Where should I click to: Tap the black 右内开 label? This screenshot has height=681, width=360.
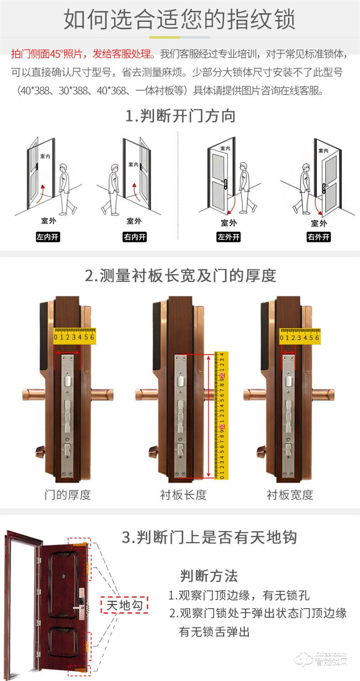[x=135, y=237]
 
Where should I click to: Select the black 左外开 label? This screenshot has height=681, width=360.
[x=229, y=237]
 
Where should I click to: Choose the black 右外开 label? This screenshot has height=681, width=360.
[x=319, y=237]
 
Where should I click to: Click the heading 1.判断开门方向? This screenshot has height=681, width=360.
[x=180, y=116]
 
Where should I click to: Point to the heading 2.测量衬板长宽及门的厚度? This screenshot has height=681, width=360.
[x=180, y=275]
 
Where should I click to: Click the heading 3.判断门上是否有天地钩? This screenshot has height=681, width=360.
[x=209, y=537]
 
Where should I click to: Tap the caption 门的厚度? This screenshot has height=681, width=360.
[x=67, y=495]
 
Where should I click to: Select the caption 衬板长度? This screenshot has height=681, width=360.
[x=183, y=495]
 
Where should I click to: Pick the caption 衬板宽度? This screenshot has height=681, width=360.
[x=290, y=495]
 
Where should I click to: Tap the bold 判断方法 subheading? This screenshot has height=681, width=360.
[x=209, y=575]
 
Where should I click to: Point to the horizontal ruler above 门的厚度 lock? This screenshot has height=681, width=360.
[x=74, y=336]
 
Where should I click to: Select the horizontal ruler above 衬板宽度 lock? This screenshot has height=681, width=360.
[x=299, y=336]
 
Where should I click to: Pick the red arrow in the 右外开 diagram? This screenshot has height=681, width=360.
[x=319, y=206]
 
